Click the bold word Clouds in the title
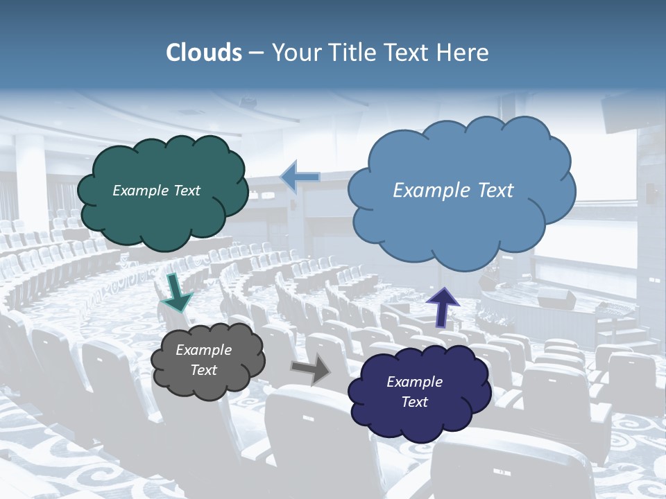click(204, 53)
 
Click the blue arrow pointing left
click(300, 177)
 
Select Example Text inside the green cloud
click(156, 191)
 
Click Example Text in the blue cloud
click(453, 191)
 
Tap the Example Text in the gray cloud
click(204, 360)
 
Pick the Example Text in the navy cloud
click(414, 392)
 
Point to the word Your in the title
click(294, 53)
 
